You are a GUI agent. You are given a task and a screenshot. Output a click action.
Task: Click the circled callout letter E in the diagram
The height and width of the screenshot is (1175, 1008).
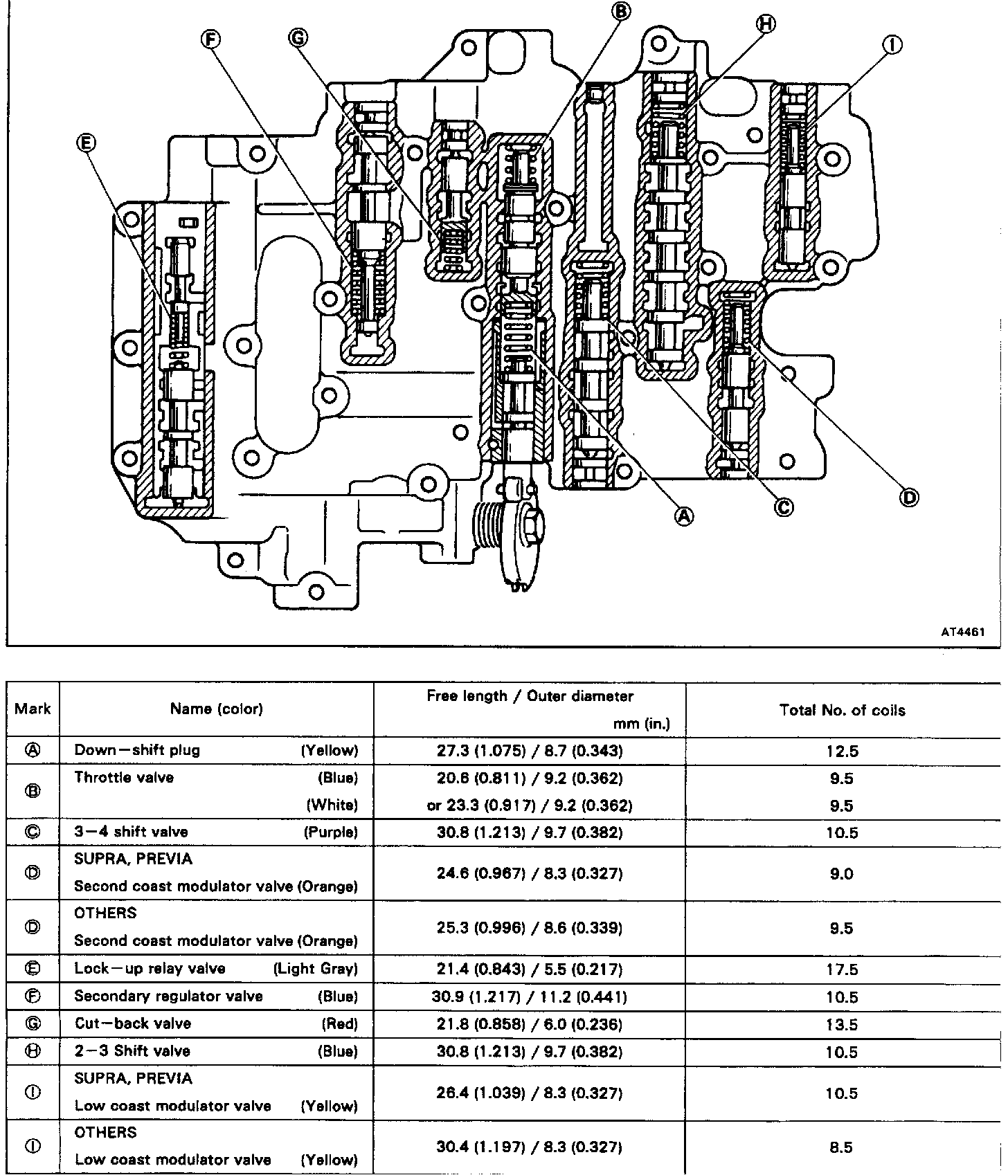[86, 143]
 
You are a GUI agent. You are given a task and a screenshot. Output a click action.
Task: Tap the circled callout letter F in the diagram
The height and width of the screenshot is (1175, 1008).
[210, 39]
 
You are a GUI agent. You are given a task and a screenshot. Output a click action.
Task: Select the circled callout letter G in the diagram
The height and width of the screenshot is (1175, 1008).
[298, 38]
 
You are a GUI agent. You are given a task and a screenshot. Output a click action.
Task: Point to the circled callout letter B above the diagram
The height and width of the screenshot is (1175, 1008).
[620, 11]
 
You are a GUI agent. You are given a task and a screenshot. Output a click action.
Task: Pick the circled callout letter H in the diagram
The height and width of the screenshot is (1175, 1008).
[765, 24]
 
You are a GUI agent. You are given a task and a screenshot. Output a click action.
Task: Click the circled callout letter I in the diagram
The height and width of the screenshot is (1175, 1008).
[892, 45]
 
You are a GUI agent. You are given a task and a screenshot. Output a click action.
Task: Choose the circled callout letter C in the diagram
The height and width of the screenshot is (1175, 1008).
[783, 507]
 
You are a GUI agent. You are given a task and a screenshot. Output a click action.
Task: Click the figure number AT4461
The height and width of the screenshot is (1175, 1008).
[962, 632]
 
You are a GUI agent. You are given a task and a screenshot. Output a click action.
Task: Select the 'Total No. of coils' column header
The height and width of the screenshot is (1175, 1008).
[842, 710]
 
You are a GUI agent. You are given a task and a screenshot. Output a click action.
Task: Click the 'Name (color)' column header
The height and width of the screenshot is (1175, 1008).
[216, 709]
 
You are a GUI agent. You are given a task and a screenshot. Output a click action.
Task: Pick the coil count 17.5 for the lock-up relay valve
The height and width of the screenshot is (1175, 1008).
[842, 969]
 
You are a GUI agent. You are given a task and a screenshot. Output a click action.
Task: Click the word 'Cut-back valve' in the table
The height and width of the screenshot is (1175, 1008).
[132, 1023]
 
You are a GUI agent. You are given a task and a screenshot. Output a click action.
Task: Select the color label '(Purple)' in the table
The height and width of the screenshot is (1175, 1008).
[331, 832]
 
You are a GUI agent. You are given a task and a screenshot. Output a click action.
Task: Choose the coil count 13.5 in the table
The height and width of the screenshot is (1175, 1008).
[842, 1024]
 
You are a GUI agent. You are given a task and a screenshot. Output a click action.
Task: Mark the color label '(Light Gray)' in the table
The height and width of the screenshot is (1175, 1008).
[316, 969]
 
